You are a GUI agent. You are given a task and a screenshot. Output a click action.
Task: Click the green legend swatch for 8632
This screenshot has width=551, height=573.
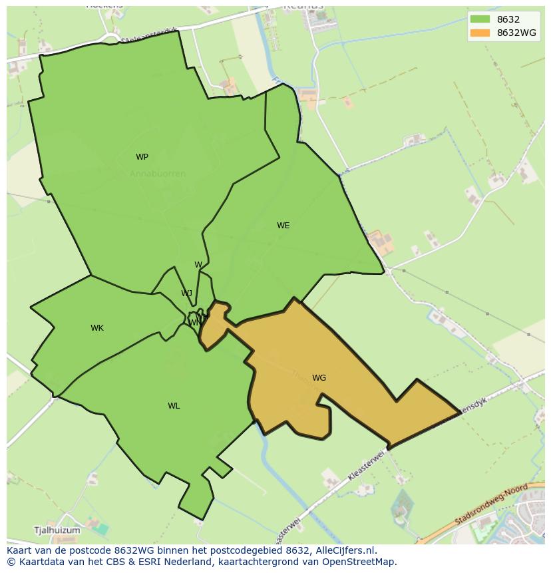click(x=479, y=19)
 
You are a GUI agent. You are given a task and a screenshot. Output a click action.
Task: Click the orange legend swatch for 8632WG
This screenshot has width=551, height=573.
click(x=479, y=33)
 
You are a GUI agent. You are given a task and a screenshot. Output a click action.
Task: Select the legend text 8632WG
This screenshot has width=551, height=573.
click(x=517, y=33)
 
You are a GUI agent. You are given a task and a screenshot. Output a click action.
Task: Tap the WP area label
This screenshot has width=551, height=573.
click(x=142, y=157)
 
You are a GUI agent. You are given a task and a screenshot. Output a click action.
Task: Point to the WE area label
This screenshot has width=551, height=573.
click(x=283, y=226)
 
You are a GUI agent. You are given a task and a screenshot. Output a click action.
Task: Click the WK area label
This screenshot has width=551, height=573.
click(x=97, y=328)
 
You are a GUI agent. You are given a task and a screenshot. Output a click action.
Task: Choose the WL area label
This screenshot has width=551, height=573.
click(x=174, y=406)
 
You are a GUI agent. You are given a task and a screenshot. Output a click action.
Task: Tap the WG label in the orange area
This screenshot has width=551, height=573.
click(x=319, y=378)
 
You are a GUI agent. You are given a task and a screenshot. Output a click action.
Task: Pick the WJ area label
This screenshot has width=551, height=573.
click(x=187, y=293)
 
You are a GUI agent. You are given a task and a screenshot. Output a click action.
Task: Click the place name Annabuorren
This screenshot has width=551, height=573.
click(x=158, y=174)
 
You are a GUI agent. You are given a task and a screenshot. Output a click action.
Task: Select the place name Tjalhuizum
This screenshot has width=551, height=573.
click(x=57, y=530)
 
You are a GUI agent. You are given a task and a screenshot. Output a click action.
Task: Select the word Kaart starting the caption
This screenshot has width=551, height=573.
click(x=21, y=550)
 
